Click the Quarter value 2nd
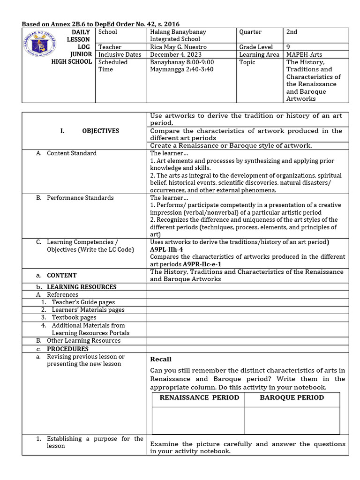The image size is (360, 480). (x=292, y=32)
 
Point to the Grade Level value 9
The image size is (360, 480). (x=288, y=47)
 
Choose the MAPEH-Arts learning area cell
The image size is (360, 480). (x=305, y=54)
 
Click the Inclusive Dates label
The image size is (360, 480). (x=120, y=54)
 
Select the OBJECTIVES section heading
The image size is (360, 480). (x=100, y=131)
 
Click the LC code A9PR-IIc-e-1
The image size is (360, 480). (x=202, y=264)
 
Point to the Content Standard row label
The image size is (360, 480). (x=72, y=153)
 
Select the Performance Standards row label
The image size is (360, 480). (x=80, y=198)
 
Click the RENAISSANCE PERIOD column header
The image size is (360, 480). (x=199, y=397)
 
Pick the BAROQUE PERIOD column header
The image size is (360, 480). (x=292, y=397)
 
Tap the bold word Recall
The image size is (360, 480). (x=161, y=359)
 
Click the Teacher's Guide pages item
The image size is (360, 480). (x=83, y=302)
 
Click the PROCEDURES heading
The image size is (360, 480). (x=67, y=349)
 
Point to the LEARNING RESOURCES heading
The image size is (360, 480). (x=82, y=287)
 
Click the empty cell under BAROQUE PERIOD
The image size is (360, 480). (x=292, y=420)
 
